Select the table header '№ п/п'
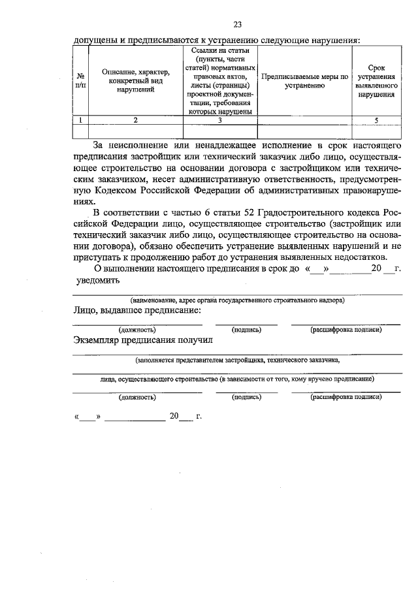[80, 80]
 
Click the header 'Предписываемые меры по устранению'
[304, 80]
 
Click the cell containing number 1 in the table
[80, 120]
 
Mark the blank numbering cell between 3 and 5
[304, 120]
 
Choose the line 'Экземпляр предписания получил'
[142, 340]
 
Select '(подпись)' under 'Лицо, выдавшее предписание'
[247, 330]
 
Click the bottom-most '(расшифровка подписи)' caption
[346, 396]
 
